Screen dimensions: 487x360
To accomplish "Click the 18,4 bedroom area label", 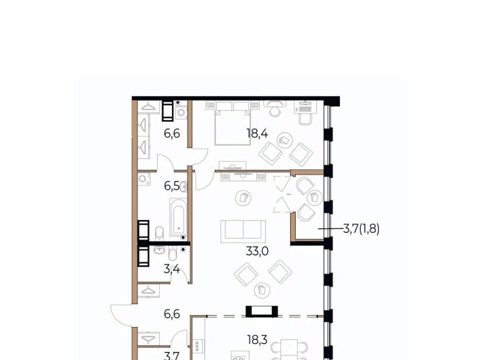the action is [257, 134].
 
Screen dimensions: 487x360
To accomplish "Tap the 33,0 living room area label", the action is [257, 251].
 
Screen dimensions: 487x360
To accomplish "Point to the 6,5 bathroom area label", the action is [172, 186].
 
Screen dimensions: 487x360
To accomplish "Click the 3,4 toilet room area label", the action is [172, 269].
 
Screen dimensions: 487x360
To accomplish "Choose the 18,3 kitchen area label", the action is [258, 340].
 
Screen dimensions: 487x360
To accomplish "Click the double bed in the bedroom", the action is [233, 123].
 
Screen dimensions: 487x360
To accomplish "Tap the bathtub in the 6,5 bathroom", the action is [178, 217].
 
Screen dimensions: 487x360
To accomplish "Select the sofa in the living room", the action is [243, 232].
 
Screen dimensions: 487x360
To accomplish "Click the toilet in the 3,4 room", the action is [172, 254].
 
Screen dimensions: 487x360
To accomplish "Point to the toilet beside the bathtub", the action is [159, 233].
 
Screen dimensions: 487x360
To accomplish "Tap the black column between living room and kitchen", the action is [262, 311].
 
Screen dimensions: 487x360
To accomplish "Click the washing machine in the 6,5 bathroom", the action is [145, 179].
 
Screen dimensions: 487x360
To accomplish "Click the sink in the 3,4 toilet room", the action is [159, 250].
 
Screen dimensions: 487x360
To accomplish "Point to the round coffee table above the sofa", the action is [243, 198].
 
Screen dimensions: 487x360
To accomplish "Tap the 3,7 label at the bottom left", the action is [172, 356].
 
